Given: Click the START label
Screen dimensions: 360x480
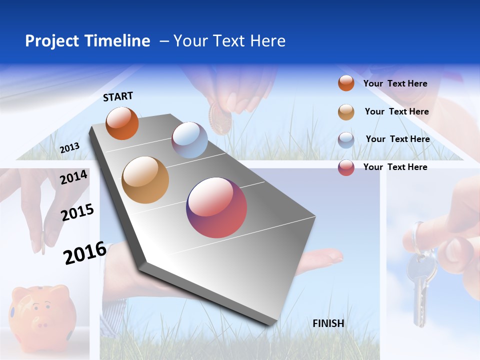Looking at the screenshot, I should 118,96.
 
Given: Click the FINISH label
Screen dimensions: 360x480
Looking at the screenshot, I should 328,323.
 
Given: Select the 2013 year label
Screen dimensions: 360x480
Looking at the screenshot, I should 69,147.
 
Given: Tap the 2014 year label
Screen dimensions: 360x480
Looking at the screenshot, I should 73,177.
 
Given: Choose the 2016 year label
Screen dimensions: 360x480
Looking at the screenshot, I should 84,253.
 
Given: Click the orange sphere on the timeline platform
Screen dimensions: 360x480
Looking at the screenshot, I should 122,123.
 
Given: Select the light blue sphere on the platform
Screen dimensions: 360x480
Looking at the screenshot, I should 189,140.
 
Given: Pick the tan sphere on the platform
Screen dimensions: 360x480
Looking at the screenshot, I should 145,180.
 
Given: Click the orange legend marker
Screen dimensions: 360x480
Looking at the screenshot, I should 346,83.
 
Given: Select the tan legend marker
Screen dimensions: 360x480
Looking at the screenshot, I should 346,112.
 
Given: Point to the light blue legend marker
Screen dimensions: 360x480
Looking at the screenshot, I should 346,140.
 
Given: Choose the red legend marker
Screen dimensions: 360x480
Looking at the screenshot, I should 346,167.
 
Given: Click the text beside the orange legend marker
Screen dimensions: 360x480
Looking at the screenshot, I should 395,83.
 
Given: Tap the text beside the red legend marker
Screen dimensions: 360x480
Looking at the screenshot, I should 395,167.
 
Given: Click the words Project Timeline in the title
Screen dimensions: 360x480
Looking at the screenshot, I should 87,41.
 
